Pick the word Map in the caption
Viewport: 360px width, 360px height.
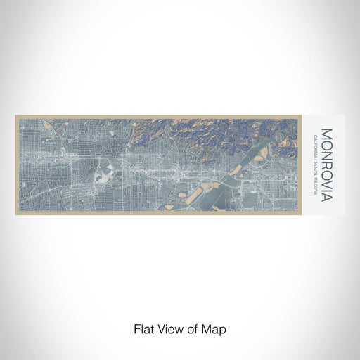click(215, 328)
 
